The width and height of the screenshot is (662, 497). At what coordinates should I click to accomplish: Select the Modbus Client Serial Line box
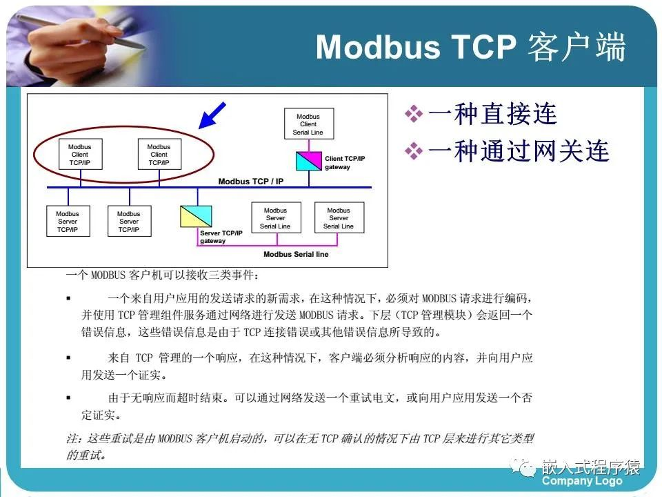[x=308, y=125]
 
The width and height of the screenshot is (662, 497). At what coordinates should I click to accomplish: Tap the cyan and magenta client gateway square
[x=308, y=162]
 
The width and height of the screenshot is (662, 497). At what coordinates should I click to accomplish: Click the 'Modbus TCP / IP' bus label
[x=249, y=182]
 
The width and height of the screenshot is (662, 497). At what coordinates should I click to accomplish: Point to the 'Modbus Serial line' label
[x=295, y=254]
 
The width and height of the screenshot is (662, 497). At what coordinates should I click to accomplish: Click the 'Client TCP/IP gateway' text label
[x=345, y=163]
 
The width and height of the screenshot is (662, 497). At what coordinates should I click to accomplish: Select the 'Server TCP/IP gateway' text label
[x=221, y=237]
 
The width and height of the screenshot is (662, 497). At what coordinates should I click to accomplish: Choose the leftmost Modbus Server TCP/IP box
[x=68, y=221]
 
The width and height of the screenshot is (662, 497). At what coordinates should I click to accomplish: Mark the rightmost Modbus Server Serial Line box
[x=339, y=218]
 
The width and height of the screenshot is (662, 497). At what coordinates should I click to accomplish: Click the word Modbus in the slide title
[x=378, y=47]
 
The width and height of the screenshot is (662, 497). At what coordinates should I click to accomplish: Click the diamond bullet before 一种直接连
[x=413, y=114]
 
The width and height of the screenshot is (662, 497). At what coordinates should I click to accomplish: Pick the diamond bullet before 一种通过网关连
[x=413, y=150]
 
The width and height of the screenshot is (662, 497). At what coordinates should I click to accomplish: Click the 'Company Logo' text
[x=581, y=481]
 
